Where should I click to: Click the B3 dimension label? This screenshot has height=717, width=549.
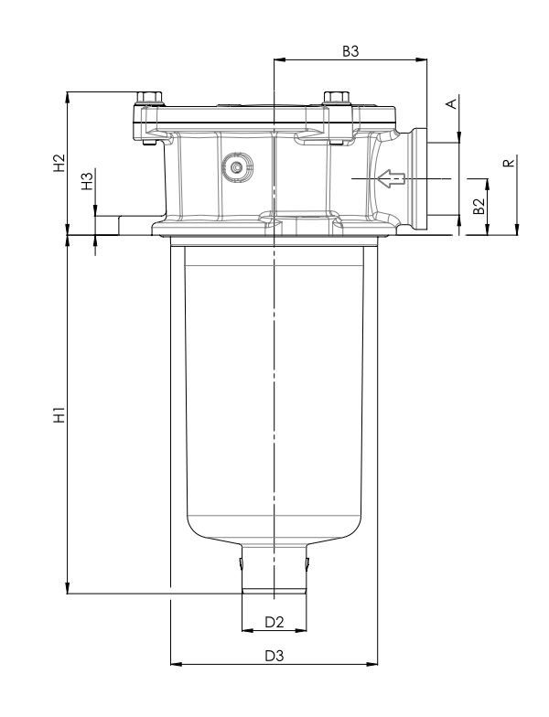click(x=350, y=52)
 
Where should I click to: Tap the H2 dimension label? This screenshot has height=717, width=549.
click(x=59, y=164)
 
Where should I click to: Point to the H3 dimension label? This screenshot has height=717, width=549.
click(x=87, y=181)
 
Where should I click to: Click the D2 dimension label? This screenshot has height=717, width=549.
click(x=274, y=622)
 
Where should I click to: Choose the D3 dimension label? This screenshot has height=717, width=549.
click(x=274, y=656)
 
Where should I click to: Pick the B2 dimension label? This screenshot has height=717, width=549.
click(x=477, y=207)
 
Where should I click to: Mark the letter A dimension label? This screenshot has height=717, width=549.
click(x=450, y=104)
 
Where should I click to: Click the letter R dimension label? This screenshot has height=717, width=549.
click(x=508, y=164)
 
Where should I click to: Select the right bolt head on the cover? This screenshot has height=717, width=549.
click(x=333, y=98)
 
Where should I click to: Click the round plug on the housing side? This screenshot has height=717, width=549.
click(x=240, y=167)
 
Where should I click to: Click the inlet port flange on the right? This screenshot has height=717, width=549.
click(x=423, y=178)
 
